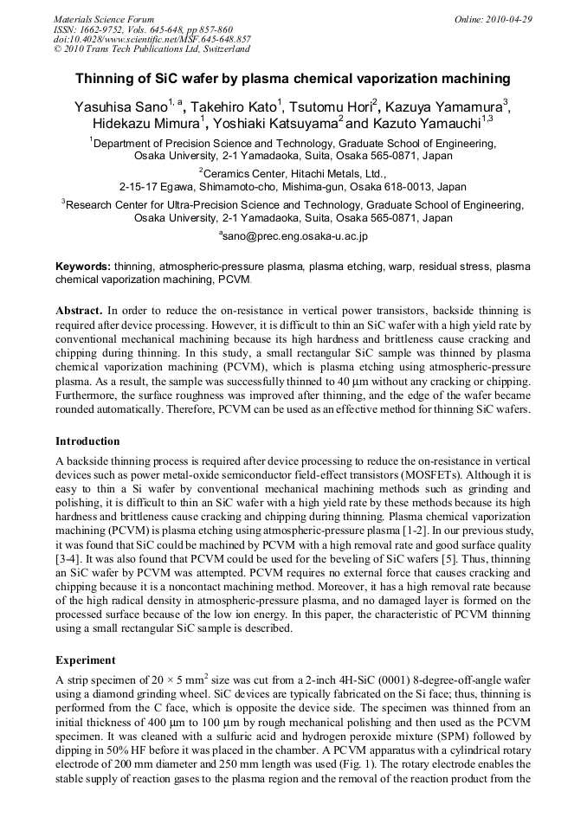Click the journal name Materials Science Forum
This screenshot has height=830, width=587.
click(x=104, y=19)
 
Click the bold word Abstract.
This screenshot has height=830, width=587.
click(x=79, y=309)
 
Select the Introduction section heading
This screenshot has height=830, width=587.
click(x=87, y=441)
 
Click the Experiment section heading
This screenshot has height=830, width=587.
click(x=85, y=659)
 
